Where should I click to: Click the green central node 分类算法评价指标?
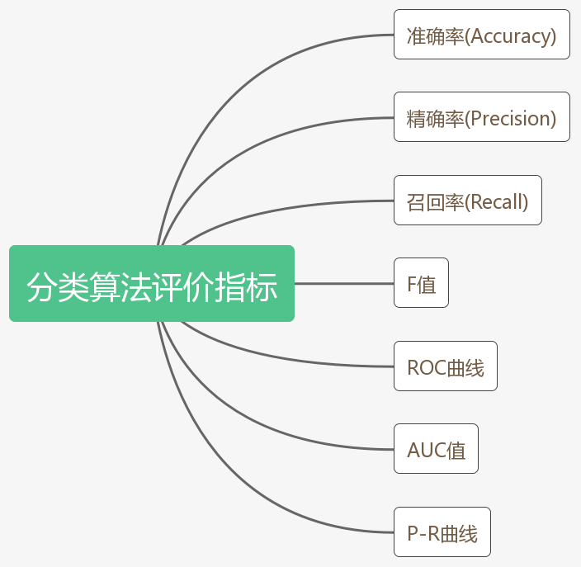coord(152,283)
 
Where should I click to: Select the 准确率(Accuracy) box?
coord(481,35)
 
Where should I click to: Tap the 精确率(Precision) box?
coord(481,117)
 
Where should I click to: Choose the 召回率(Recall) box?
coord(467,201)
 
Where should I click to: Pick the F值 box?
coord(421,283)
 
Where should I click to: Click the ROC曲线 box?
coord(445,366)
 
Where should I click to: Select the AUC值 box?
coord(436,449)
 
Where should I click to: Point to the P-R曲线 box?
coord(442,532)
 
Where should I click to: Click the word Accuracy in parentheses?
coord(511,36)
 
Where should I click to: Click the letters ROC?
coord(426,367)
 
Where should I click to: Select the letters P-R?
coord(423,533)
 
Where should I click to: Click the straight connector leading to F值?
coord(344,283)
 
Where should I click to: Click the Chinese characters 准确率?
coord(435,36)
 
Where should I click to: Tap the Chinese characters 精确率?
coord(435,119)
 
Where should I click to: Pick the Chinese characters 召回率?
coord(435,201)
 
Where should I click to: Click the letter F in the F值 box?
coord(412,285)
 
